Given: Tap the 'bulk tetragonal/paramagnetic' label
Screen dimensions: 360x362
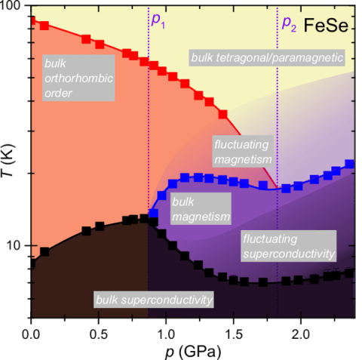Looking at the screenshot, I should [x=268, y=57].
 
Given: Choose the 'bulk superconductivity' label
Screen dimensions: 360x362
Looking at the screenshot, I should [x=154, y=300].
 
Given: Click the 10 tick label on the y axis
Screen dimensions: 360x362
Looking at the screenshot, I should [x=16, y=246].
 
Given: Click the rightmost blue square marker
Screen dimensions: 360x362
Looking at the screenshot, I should [x=350, y=164].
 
